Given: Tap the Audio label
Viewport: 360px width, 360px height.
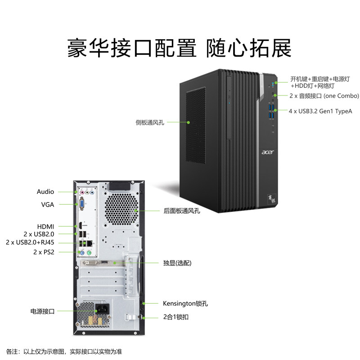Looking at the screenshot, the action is tap(45, 192).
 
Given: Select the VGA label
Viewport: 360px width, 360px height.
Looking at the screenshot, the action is tap(47, 204).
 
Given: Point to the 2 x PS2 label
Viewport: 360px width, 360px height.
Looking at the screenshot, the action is tap(44, 252).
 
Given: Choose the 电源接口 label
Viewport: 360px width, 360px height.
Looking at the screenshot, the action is tap(42, 311).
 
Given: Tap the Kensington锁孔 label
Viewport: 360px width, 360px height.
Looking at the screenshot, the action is tap(185, 303).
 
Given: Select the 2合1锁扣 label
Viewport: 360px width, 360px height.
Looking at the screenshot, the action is tap(175, 317).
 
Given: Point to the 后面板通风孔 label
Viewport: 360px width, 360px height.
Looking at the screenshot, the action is tap(182, 211).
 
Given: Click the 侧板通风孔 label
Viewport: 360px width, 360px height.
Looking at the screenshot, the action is tap(150, 122).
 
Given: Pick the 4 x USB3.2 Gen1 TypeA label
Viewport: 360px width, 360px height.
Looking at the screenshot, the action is tap(320, 110).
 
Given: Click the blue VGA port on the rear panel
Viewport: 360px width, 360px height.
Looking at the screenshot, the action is tap(83, 205).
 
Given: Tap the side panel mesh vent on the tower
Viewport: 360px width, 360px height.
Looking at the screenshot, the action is tap(196, 126).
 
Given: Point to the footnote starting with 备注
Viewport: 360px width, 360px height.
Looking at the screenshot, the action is tap(64, 351).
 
